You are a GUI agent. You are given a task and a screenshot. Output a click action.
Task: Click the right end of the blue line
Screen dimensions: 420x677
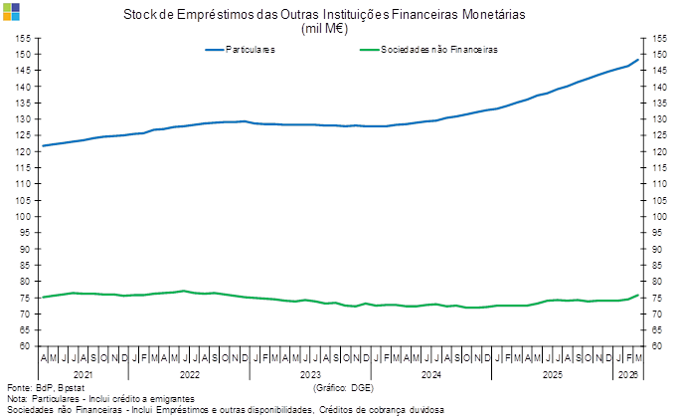pyautogui.click(x=639, y=59)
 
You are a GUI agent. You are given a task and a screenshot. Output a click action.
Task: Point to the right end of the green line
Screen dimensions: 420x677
pyautogui.click(x=639, y=294)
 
